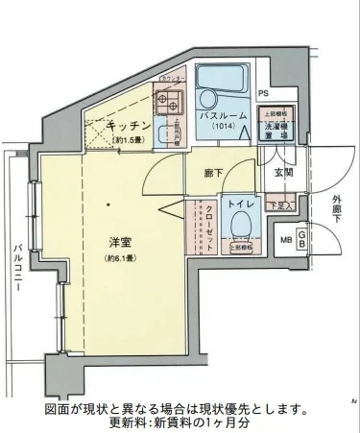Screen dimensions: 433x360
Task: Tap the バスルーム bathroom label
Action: pyautogui.click(x=218, y=115)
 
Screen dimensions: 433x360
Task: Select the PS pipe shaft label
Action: pyautogui.click(x=262, y=93)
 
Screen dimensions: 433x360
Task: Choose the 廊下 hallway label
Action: pyautogui.click(x=214, y=173)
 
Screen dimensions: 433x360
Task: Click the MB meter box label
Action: pyautogui.click(x=285, y=240)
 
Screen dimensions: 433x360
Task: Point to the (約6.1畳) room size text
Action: pyautogui.click(x=119, y=258)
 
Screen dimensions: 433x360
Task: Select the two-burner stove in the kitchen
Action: pyautogui.click(x=169, y=101)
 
